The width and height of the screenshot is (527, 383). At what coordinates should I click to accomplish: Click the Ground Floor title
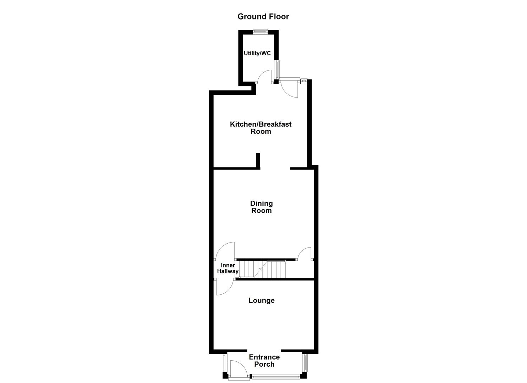[263, 17]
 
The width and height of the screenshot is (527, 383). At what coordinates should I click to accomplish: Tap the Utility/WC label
[257, 53]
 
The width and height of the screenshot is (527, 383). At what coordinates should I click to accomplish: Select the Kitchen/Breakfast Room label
[261, 128]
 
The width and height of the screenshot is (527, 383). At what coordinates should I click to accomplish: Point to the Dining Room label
[262, 207]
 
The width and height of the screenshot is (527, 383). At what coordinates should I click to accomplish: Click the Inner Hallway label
[227, 268]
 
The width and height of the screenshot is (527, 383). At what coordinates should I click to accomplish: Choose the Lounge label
[262, 300]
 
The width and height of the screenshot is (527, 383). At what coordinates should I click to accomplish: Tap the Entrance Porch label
[264, 361]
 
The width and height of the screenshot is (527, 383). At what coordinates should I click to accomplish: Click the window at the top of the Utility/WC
[260, 32]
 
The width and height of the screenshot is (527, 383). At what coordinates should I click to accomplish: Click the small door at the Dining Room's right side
[305, 254]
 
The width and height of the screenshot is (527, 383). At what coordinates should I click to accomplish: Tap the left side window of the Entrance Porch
[224, 362]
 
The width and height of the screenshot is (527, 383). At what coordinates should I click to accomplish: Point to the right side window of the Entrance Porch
[305, 362]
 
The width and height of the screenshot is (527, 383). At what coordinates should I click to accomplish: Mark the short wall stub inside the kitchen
[258, 160]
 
